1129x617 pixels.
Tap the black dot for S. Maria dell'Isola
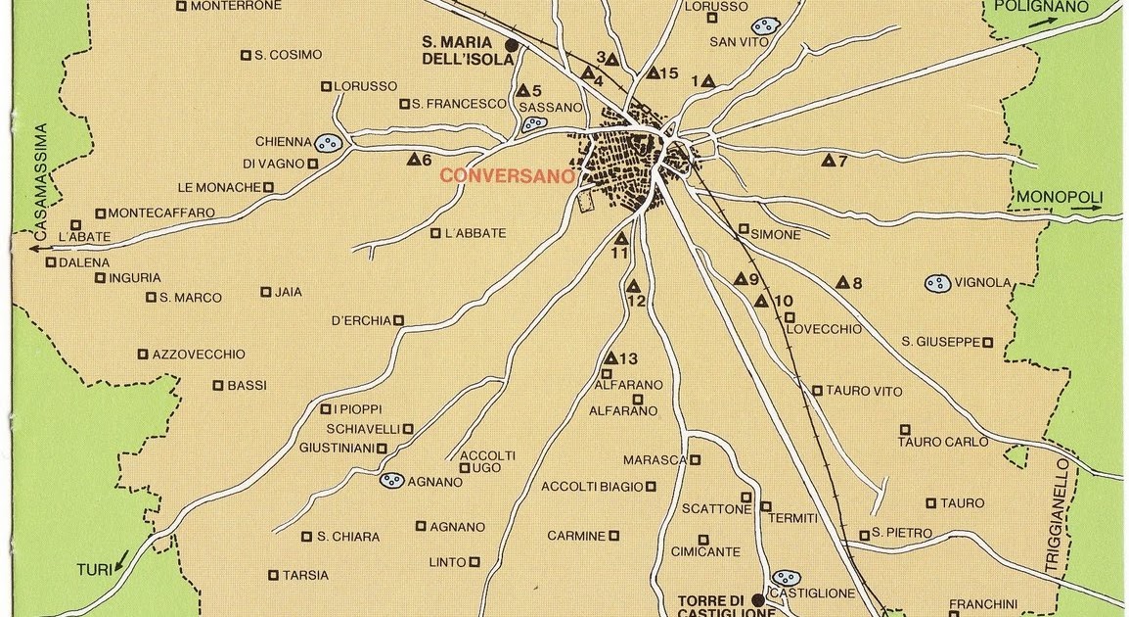click(x=511, y=45)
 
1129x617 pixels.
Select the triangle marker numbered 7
click(x=828, y=161)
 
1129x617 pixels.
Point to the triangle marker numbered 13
click(x=610, y=358)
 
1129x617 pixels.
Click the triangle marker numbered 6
click(x=414, y=159)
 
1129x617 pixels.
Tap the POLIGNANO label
click(x=1041, y=6)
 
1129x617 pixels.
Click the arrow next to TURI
click(x=120, y=561)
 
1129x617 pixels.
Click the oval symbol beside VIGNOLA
click(x=937, y=284)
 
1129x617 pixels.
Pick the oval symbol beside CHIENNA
click(x=329, y=143)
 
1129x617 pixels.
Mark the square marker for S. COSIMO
click(x=246, y=55)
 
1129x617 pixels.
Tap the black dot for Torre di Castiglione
click(x=757, y=599)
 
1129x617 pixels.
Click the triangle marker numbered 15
click(x=653, y=72)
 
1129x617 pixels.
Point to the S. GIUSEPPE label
click(x=940, y=342)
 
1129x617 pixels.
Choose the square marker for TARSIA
click(x=273, y=575)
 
